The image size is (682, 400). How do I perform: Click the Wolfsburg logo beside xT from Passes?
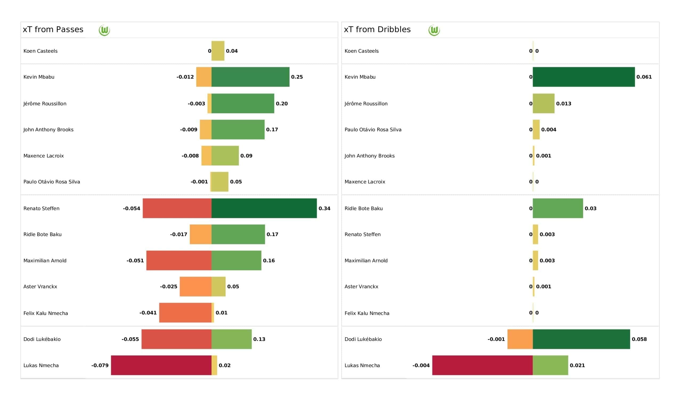click(x=104, y=30)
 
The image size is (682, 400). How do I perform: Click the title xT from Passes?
click(x=53, y=30)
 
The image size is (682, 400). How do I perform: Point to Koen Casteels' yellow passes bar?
click(x=218, y=51)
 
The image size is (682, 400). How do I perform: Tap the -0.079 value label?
click(x=100, y=365)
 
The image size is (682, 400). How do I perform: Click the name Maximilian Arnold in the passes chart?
click(x=45, y=261)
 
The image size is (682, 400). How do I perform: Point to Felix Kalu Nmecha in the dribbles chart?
click(x=367, y=313)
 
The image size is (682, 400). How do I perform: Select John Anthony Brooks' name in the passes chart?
click(x=48, y=130)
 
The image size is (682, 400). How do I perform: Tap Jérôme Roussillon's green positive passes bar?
click(x=243, y=103)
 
